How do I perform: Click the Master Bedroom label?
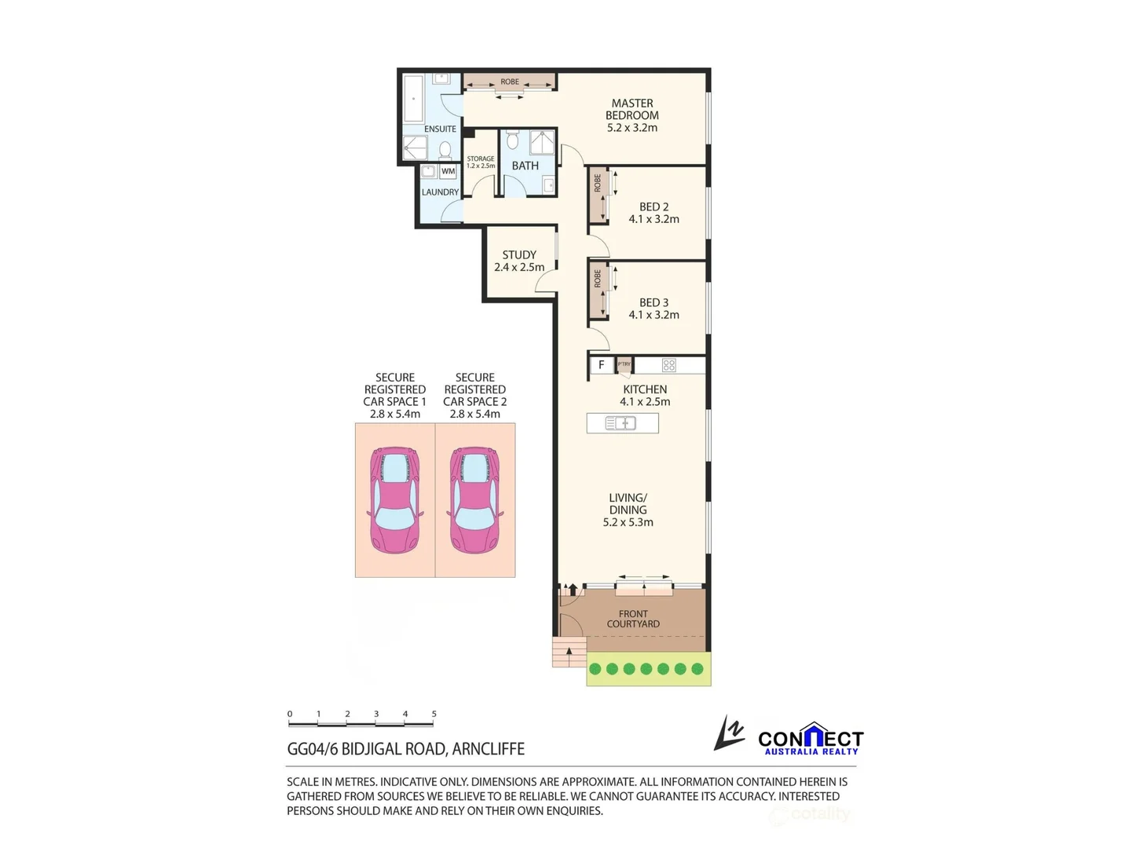(x=632, y=115)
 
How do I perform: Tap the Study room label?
(x=519, y=261)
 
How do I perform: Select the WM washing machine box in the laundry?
(x=448, y=171)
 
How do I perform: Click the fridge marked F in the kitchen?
(x=602, y=365)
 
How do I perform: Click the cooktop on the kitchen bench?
(x=668, y=365)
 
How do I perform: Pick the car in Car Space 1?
(x=394, y=500)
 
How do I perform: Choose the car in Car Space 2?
(x=474, y=500)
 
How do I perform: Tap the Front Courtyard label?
(x=633, y=619)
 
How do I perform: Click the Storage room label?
(x=481, y=162)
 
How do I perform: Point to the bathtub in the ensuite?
(x=413, y=99)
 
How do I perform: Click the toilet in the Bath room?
(x=513, y=141)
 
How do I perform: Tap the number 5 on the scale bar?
(x=434, y=714)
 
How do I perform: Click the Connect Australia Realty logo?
(x=810, y=739)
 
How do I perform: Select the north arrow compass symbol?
(x=729, y=733)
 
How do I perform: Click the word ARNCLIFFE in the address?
(x=488, y=749)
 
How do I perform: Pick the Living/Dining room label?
(x=628, y=510)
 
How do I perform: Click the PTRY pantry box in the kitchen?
(x=624, y=364)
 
